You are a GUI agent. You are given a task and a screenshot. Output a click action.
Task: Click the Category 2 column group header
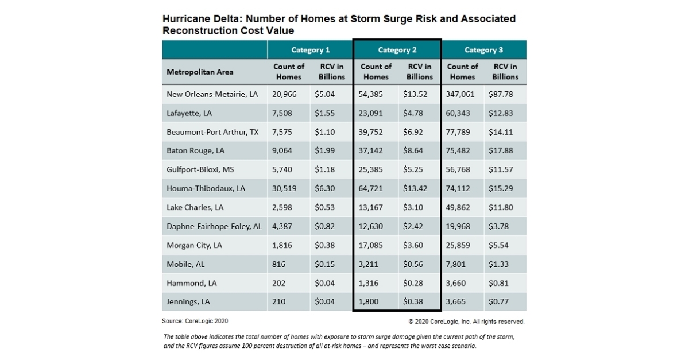[397, 50]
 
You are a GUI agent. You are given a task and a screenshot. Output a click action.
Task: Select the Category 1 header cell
[310, 50]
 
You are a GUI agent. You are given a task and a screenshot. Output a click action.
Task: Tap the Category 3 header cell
[483, 50]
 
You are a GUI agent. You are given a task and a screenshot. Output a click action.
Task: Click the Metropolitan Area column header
[200, 72]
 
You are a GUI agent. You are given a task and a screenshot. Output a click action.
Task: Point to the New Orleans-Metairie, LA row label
[212, 94]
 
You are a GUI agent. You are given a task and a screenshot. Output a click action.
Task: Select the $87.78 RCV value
[501, 94]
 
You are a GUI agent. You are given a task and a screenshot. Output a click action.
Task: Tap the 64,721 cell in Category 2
[374, 188]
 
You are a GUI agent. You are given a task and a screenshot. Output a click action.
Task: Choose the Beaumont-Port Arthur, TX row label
[212, 132]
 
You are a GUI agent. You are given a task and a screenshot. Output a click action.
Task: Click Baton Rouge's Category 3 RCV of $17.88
[501, 151]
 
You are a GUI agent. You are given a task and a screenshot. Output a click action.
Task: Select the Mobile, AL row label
[185, 264]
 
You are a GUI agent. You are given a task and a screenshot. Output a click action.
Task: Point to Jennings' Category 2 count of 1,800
[371, 301]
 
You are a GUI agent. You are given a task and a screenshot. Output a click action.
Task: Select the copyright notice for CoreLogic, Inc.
[466, 322]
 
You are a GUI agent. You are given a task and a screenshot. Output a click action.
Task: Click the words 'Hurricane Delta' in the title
[196, 19]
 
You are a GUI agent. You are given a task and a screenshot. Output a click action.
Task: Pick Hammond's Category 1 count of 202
[279, 282]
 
